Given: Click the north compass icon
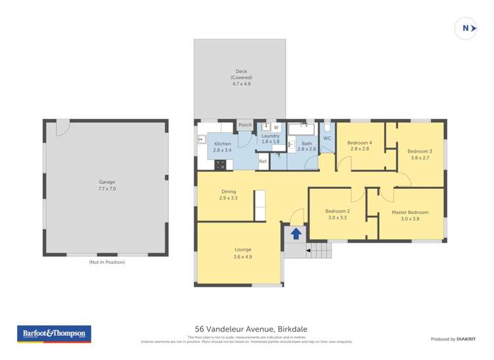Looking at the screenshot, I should click(x=466, y=28).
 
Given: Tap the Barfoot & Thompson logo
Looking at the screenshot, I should click(x=55, y=334).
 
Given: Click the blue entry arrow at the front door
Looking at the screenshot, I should click(x=296, y=233).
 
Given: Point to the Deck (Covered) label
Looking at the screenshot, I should click(x=241, y=78).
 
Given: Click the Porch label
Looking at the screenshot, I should click(x=245, y=125).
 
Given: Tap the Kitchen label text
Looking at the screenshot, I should click(x=222, y=147).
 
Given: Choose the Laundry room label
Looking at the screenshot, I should click(x=271, y=138).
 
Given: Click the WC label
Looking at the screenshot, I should click(x=327, y=138).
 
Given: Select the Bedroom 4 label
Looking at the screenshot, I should click(x=360, y=146).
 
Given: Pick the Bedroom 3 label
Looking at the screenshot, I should click(x=420, y=154).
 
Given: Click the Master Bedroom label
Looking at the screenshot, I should click(x=410, y=215).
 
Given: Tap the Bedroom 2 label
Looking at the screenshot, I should click(x=337, y=214).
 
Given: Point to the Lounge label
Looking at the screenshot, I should click(x=242, y=253).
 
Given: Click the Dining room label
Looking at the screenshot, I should click(x=228, y=195).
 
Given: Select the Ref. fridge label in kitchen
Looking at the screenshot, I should click(x=262, y=161).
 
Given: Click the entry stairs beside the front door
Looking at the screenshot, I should click(x=317, y=250).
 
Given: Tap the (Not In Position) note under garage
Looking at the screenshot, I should click(x=107, y=262).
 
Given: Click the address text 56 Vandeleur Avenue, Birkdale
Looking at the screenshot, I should click(x=251, y=329).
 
